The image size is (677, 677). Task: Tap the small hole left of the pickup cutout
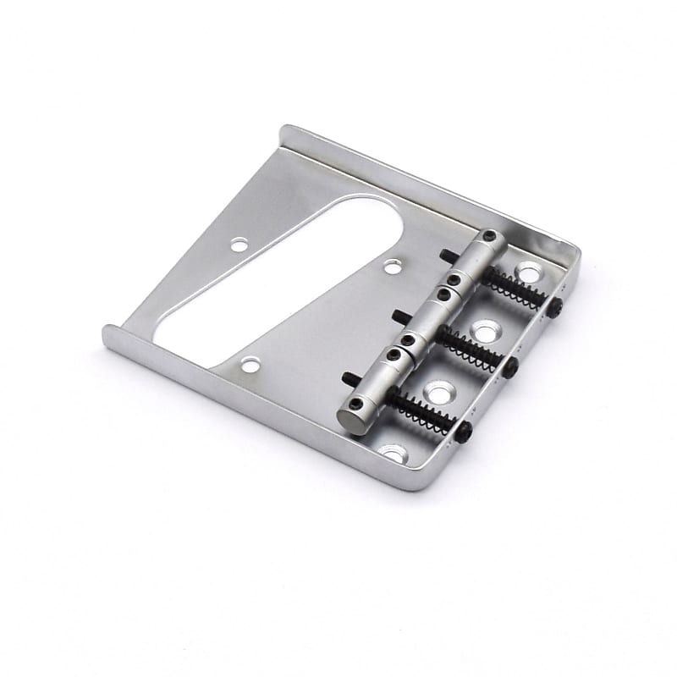[239, 245]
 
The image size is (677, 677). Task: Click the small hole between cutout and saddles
[390, 267]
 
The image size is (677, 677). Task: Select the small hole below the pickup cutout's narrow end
[250, 365]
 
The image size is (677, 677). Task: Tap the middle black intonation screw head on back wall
[511, 369]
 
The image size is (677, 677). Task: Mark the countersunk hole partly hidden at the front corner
[390, 453]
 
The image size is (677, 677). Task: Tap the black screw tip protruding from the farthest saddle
[447, 253]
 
